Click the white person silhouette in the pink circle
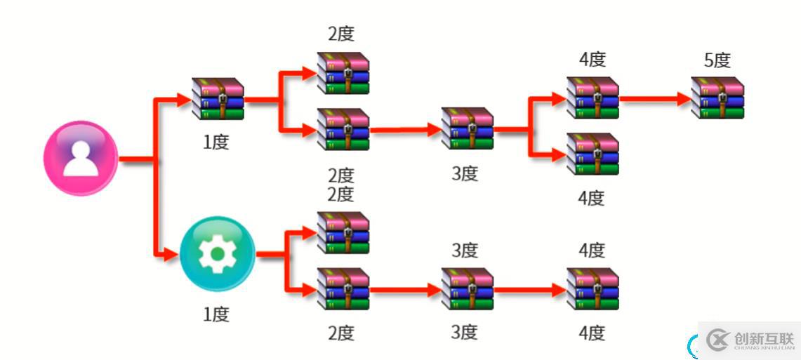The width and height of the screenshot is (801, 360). (81, 158)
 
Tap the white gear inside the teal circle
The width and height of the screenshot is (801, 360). (218, 253)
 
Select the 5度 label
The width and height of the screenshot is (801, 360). (717, 60)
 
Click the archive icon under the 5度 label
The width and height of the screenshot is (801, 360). (717, 98)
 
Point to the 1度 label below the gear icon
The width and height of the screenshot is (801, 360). (216, 314)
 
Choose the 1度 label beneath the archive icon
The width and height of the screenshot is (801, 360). (216, 142)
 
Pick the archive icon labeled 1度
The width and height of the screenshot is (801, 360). (218, 99)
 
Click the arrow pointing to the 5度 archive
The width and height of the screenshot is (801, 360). (656, 99)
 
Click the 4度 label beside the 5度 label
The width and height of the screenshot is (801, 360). (592, 60)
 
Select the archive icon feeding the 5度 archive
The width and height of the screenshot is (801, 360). (592, 98)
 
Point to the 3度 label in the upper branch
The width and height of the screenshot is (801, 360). (464, 173)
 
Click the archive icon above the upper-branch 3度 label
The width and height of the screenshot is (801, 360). (468, 128)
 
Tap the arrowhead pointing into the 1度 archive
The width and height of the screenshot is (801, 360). (183, 100)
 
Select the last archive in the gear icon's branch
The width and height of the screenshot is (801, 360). (592, 289)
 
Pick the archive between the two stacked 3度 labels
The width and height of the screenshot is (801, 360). (468, 289)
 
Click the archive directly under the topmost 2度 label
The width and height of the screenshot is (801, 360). (343, 73)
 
